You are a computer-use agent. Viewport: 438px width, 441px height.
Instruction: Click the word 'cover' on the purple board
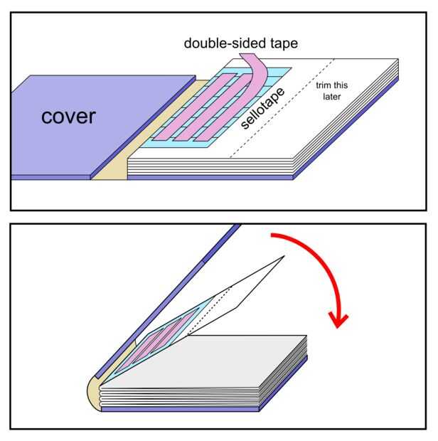point(68,116)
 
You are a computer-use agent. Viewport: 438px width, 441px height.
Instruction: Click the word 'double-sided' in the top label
point(225,43)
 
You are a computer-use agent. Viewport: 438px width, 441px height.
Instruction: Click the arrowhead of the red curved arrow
point(341,318)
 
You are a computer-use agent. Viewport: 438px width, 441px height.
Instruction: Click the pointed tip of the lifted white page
point(283,257)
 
